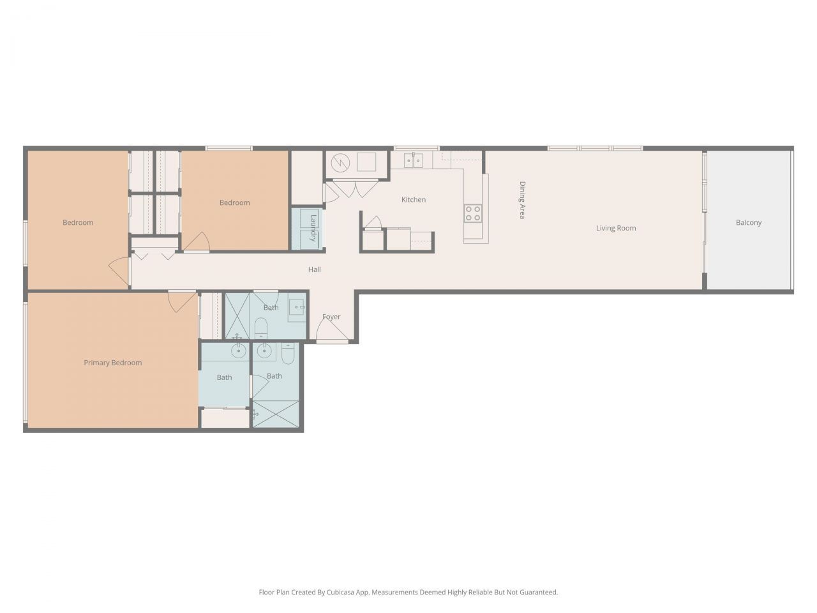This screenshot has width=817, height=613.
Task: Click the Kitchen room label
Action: [413, 200]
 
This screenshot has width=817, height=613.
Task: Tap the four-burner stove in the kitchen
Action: [473, 213]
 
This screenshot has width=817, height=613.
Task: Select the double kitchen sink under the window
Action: [414, 160]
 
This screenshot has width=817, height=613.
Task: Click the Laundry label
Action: [313, 227]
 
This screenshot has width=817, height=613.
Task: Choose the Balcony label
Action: [748, 223]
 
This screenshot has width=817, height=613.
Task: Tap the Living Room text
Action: [615, 228]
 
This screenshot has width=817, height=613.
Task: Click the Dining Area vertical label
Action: [522, 201]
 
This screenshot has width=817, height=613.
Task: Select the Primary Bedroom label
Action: [113, 363]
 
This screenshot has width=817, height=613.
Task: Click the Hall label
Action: [314, 269]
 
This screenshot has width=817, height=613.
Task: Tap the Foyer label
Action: [331, 317]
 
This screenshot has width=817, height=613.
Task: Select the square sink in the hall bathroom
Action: [296, 308]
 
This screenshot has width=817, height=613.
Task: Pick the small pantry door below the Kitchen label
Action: [373, 223]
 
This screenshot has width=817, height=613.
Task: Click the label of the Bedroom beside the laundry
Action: [234, 203]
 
